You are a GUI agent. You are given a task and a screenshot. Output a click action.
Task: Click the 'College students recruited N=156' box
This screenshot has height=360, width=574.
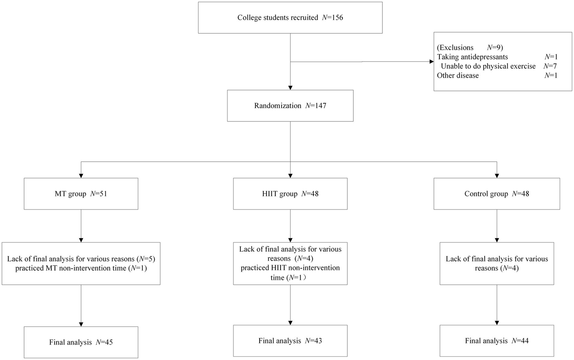coord(290,18)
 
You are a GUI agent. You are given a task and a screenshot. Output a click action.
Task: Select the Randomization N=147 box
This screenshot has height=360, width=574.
coord(290,106)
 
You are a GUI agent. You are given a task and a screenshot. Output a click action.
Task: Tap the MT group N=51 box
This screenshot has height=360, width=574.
coord(81,193)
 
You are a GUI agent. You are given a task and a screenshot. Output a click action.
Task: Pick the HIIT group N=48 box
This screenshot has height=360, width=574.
coord(290,193)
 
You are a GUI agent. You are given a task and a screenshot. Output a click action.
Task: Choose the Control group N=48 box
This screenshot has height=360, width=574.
coord(497,193)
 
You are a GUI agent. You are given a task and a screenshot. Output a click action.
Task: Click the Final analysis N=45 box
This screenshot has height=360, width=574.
coord(81,342)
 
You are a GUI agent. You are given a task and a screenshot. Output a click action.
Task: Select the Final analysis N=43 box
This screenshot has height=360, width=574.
coord(290,341)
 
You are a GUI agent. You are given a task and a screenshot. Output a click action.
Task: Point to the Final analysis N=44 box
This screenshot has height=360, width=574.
coord(497,341)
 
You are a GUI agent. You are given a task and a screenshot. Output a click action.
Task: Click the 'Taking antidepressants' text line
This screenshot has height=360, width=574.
coord(472,57)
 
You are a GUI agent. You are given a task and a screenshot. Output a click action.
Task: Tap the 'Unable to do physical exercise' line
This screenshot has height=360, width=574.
coord(488,66)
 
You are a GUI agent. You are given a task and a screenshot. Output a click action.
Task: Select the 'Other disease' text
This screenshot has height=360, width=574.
coord(458,76)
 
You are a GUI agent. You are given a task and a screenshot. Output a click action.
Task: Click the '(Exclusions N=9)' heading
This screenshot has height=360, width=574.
coord(470,48)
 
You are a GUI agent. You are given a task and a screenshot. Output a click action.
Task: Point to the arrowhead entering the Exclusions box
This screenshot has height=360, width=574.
coord(431,61)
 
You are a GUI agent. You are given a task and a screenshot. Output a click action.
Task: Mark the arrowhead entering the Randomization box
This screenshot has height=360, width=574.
coord(290,88)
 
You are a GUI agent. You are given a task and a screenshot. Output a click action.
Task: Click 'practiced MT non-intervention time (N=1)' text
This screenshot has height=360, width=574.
coord(81,268)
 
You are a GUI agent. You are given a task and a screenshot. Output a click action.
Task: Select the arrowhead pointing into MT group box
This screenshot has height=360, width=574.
coord(81,176)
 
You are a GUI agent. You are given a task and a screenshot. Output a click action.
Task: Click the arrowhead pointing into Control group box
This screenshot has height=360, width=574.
coord(497,176)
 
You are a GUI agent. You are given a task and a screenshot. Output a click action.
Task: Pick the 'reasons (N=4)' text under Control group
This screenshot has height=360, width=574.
coord(497,268)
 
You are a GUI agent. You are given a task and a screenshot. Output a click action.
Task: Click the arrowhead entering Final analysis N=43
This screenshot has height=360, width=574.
coord(290,323)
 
